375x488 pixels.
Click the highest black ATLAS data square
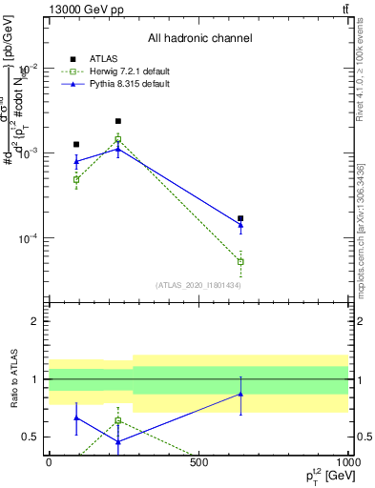(x=117, y=121)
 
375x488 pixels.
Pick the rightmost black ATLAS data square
(x=240, y=218)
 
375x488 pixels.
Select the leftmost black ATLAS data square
(x=76, y=144)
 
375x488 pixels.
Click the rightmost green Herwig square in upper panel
(x=240, y=261)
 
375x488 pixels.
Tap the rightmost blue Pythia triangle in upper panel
(x=240, y=225)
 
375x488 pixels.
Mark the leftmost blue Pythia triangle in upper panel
(x=76, y=161)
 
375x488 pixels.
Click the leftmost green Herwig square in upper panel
(x=76, y=179)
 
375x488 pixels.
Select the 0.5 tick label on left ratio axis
(x=31, y=437)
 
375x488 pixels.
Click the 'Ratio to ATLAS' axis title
(x=14, y=379)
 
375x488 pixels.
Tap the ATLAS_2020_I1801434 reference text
(x=198, y=285)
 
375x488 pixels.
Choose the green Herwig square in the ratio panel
(x=117, y=420)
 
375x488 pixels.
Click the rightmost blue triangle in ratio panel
(x=240, y=394)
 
